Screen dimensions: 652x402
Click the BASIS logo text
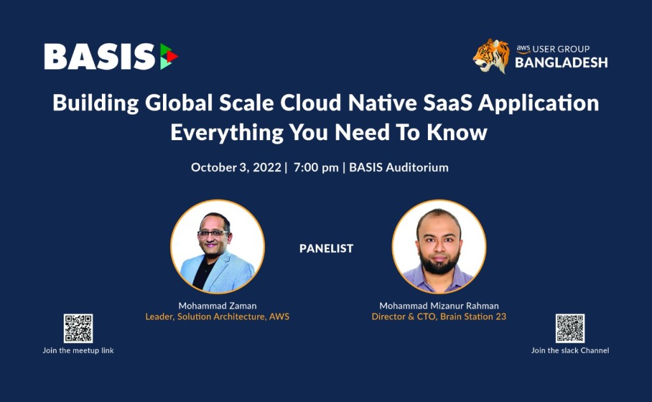coord(100,57)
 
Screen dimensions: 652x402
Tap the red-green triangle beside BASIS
coord(169,56)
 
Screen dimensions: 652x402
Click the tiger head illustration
coord(492,56)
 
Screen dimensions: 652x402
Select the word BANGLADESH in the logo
coord(562,62)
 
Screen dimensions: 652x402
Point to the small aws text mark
coord(523,48)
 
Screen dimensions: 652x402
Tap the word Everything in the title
coord(227,133)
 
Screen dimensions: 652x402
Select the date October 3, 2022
coord(236,168)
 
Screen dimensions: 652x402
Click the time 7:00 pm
coord(316,168)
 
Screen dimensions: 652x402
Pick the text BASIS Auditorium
coord(399,168)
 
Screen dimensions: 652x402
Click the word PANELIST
coord(327,248)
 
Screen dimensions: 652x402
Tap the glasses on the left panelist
coord(213,233)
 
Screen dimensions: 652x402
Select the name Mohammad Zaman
coord(218,306)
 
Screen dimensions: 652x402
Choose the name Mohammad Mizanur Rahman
coord(439,306)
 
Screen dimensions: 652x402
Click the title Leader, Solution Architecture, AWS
coord(218,317)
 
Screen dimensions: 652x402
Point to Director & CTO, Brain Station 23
coord(439,317)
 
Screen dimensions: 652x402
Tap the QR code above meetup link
coord(78,328)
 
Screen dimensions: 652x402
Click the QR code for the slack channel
coord(570,328)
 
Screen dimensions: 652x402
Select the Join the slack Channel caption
coord(570,350)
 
